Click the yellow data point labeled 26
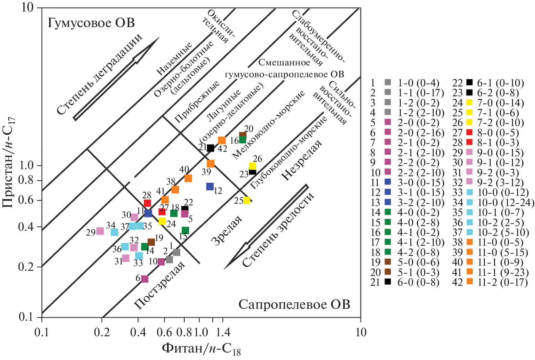pos(252,166)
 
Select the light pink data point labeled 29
pos(100,231)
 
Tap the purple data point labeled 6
pos(145,279)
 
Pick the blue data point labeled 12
pos(210,186)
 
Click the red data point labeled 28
pos(147,203)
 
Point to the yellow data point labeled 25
pos(247,200)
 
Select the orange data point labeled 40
pos(188,178)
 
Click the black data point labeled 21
pos(210,148)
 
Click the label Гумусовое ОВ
pos(91,23)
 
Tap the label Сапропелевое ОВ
pos(294,304)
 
